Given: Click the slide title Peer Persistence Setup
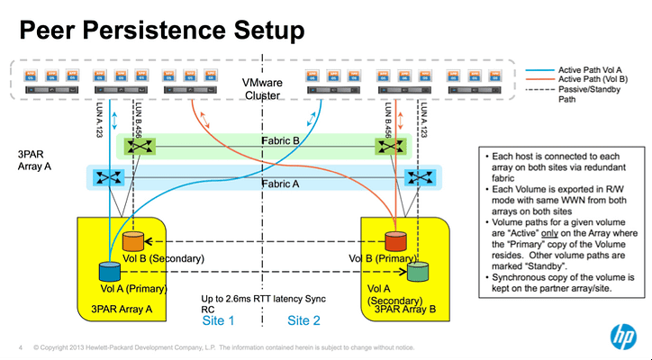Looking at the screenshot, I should click(162, 31).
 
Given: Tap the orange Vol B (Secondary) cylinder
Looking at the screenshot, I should click(132, 242).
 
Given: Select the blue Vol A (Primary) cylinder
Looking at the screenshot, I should click(109, 269).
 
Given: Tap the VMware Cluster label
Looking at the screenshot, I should click(262, 89).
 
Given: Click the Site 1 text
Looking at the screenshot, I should click(219, 319).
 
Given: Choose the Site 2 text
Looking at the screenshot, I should click(304, 319).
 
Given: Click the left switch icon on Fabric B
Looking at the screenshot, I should click(139, 145).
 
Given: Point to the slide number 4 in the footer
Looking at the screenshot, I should click(20, 347).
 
